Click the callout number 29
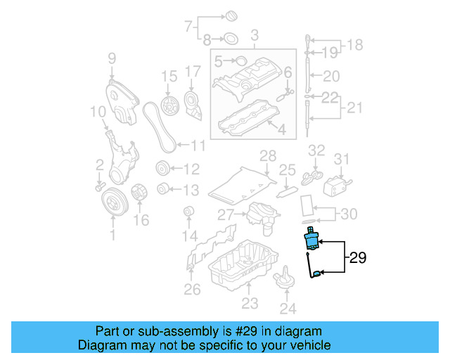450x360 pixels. (x=357, y=259)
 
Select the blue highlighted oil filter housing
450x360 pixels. (x=311, y=240)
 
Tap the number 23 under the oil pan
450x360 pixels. (x=250, y=304)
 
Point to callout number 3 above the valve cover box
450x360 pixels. (x=255, y=34)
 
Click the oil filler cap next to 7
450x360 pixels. (x=230, y=15)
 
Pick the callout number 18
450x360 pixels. (x=355, y=46)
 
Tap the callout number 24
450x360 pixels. (x=288, y=307)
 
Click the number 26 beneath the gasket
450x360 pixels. (x=191, y=289)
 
